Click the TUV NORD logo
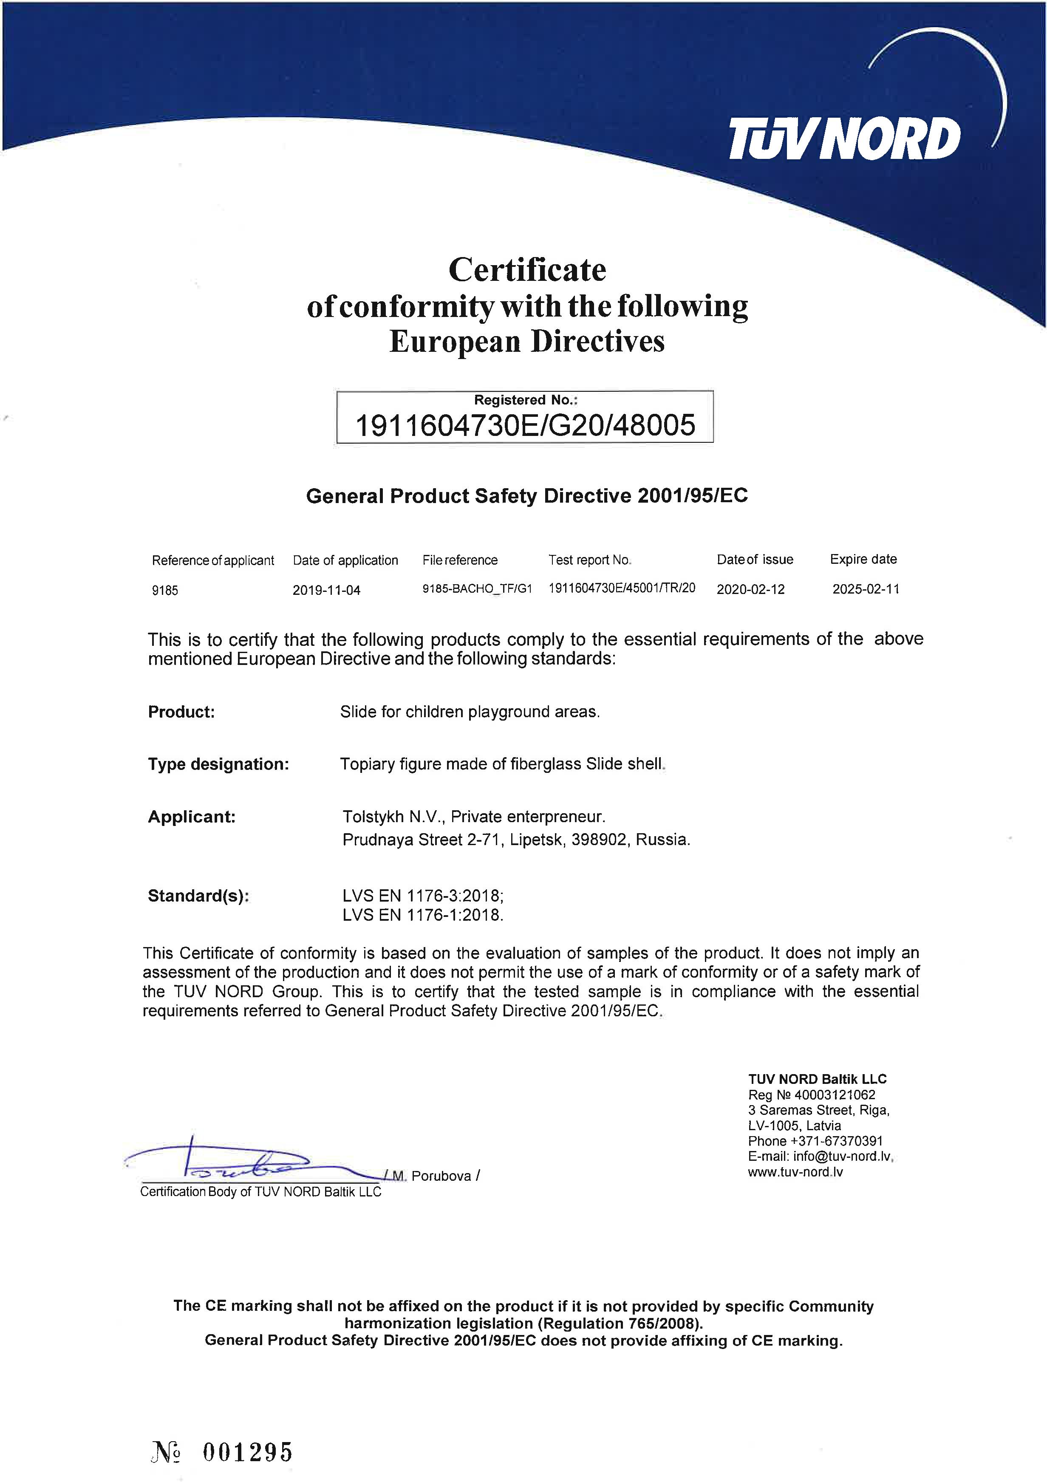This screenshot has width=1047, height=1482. pyautogui.click(x=844, y=138)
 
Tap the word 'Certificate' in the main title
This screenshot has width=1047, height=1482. pyautogui.click(x=527, y=270)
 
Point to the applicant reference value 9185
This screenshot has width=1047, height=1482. pyautogui.click(x=164, y=590)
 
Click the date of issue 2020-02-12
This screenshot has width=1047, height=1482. pyautogui.click(x=750, y=588)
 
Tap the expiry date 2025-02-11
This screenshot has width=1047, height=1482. pyautogui.click(x=865, y=588)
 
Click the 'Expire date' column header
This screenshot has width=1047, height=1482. pyautogui.click(x=863, y=559)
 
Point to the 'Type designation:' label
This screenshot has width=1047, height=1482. pyautogui.click(x=218, y=764)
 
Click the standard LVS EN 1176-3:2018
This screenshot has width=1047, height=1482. pyautogui.click(x=423, y=896)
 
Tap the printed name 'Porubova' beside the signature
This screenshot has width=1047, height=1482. pyautogui.click(x=441, y=1176)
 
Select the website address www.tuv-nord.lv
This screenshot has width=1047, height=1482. pyautogui.click(x=795, y=1171)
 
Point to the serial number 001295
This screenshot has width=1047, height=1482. pyautogui.click(x=247, y=1452)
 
